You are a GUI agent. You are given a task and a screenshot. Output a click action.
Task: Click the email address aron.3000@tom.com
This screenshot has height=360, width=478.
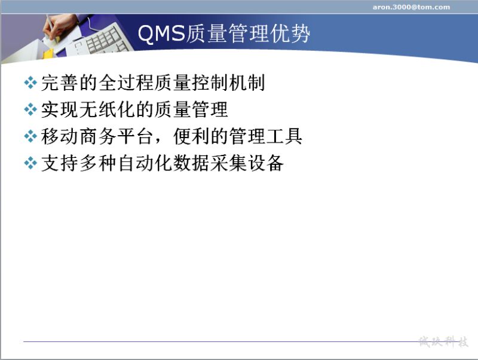[x=411, y=7]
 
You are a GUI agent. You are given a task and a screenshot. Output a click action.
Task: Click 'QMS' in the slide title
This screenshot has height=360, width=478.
[x=161, y=33]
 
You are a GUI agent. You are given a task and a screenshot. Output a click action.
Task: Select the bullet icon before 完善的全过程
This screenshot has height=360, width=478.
[x=30, y=83]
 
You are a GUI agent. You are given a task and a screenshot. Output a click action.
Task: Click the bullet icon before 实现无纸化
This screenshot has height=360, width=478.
[x=30, y=109]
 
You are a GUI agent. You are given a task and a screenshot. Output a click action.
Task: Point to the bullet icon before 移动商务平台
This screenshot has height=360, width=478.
[x=30, y=136]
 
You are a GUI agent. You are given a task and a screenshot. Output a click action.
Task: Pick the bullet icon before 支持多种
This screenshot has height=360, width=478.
[x=30, y=163]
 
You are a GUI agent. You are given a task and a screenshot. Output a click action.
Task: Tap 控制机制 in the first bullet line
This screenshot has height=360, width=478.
[x=228, y=83]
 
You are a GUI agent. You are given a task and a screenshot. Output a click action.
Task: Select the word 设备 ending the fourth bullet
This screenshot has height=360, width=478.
[x=265, y=163]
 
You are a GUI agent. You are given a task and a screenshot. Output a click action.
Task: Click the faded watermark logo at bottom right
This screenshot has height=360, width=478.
[x=443, y=341]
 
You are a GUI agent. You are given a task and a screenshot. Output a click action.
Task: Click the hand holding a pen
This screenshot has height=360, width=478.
[x=56, y=28]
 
